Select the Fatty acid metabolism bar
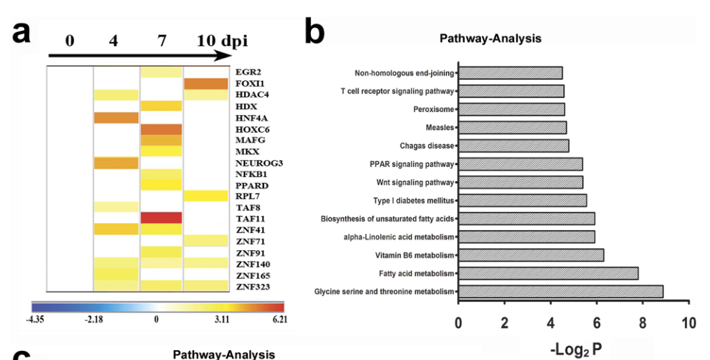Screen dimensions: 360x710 click(x=548, y=273)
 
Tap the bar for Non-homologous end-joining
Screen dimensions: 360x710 click(x=510, y=73)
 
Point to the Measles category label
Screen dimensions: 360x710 click(x=439, y=128)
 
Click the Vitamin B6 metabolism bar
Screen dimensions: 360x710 click(x=530, y=255)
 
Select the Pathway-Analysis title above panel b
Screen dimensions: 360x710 click(x=490, y=38)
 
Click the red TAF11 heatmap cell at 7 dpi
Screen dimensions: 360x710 click(x=161, y=218)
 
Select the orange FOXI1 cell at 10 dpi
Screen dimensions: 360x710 click(x=205, y=84)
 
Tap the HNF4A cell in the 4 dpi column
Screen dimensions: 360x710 click(x=117, y=117)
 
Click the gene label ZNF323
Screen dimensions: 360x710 click(x=252, y=287)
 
